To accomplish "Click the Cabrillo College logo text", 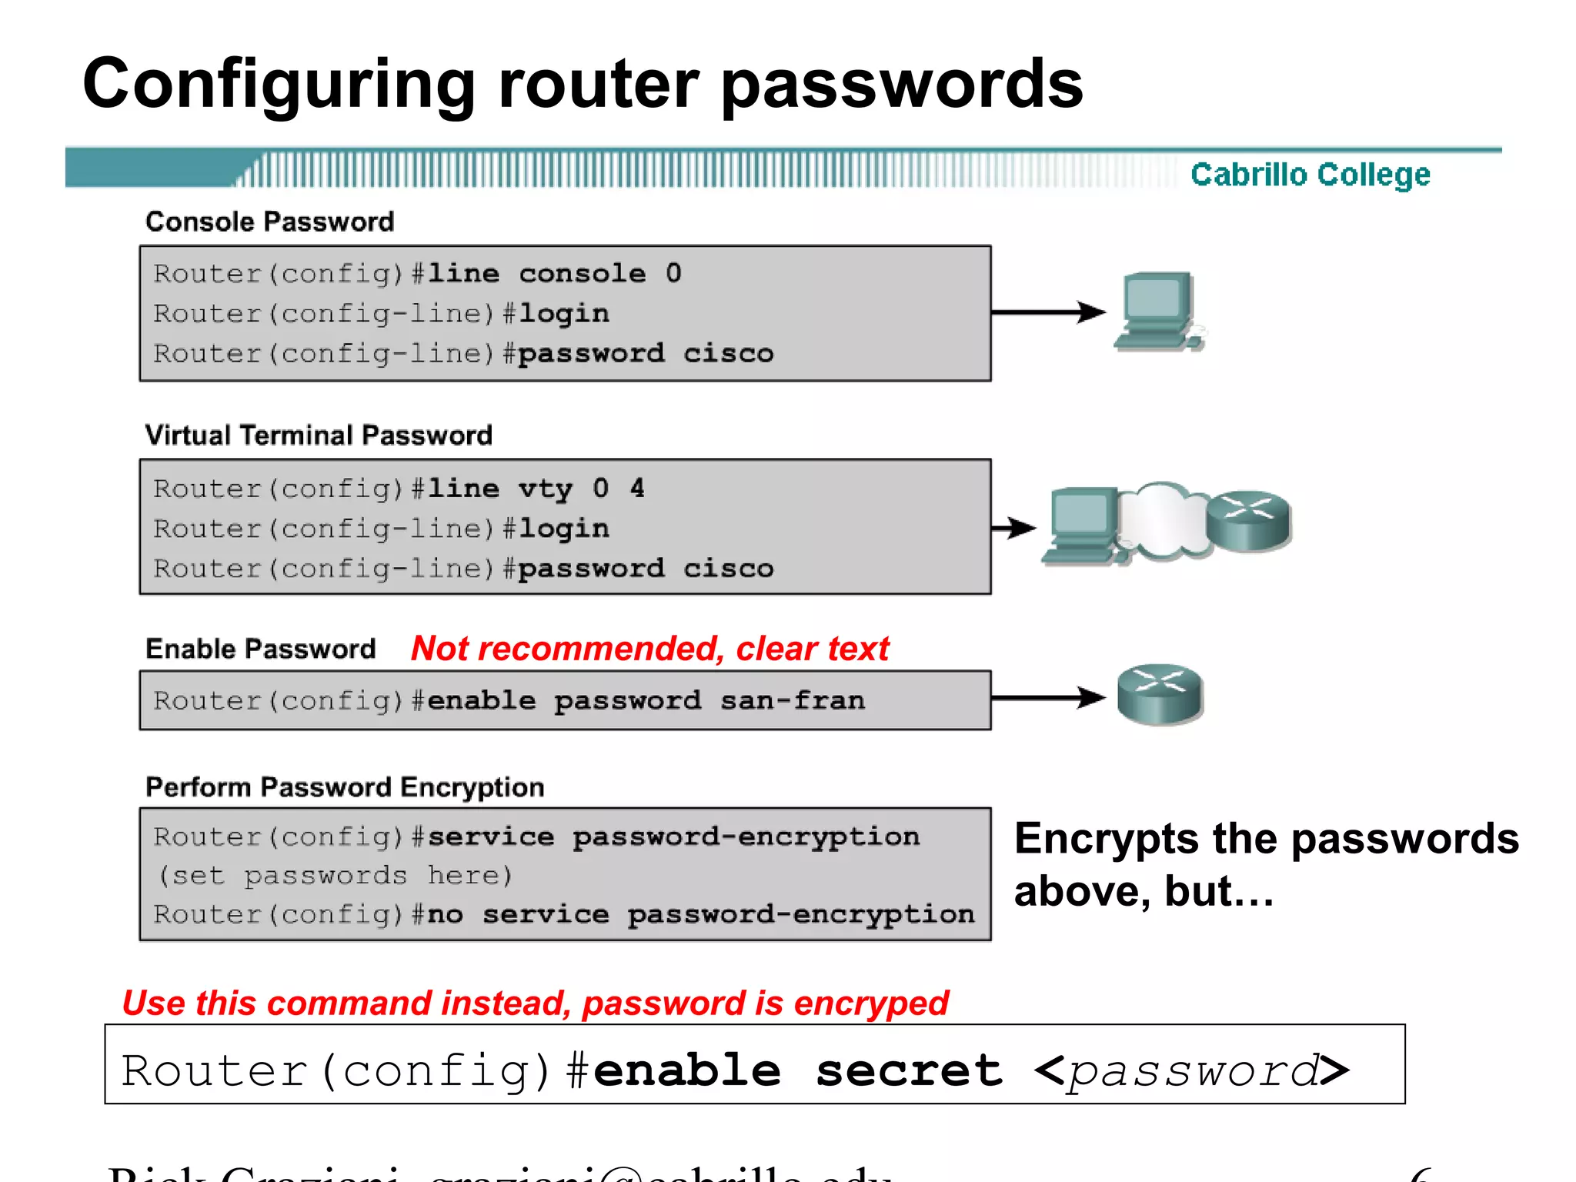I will pyautogui.click(x=1310, y=175).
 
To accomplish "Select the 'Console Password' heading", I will pyautogui.click(x=269, y=222).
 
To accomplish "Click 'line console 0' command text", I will pyautogui.click(x=554, y=273).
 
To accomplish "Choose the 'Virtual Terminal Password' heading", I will pyautogui.click(x=319, y=436).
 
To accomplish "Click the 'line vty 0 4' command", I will pyautogui.click(x=536, y=489).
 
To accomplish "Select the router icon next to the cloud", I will pyautogui.click(x=1248, y=521).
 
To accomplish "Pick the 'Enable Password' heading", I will pyautogui.click(x=261, y=649).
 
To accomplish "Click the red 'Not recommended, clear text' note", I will pyautogui.click(x=649, y=649).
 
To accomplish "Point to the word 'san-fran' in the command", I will pyautogui.click(x=793, y=700).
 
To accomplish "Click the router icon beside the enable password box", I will pyautogui.click(x=1160, y=694).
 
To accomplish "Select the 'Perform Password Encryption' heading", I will pyautogui.click(x=345, y=787).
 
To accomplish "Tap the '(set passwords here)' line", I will pyautogui.click(x=335, y=876).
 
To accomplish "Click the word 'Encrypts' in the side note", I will pyautogui.click(x=1106, y=839).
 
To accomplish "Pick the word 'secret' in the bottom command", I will pyautogui.click(x=909, y=1071).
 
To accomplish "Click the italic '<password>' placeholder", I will pyautogui.click(x=1191, y=1071).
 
